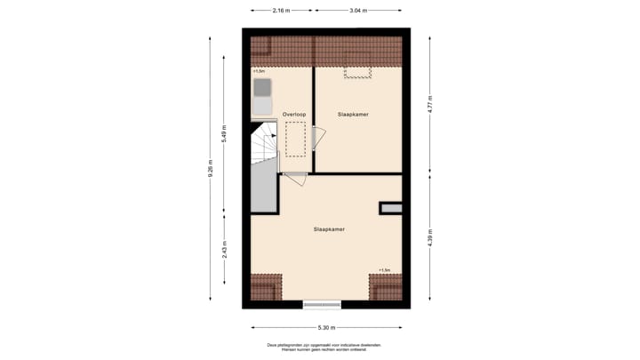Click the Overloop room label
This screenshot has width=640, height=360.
[294, 115]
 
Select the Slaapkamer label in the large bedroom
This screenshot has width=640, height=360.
[329, 229]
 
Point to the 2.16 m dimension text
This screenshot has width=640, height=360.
[282, 11]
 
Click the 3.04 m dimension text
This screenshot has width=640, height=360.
[357, 11]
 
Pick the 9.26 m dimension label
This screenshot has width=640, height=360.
[211, 169]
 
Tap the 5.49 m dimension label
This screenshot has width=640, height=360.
[224, 133]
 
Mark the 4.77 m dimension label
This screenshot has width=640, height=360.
[429, 104]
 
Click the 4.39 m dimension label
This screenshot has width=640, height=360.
[429, 239]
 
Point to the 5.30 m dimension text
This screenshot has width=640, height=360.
[326, 327]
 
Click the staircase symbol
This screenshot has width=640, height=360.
[264, 144]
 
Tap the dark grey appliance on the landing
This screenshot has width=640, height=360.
[262, 87]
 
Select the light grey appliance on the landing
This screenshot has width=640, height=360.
[262, 107]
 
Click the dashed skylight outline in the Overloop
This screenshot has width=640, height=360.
[295, 140]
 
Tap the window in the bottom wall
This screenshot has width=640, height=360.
[322, 305]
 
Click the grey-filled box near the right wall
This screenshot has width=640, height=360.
[391, 209]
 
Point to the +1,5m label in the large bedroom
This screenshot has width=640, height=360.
[384, 270]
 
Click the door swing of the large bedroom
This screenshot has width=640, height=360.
[297, 178]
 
